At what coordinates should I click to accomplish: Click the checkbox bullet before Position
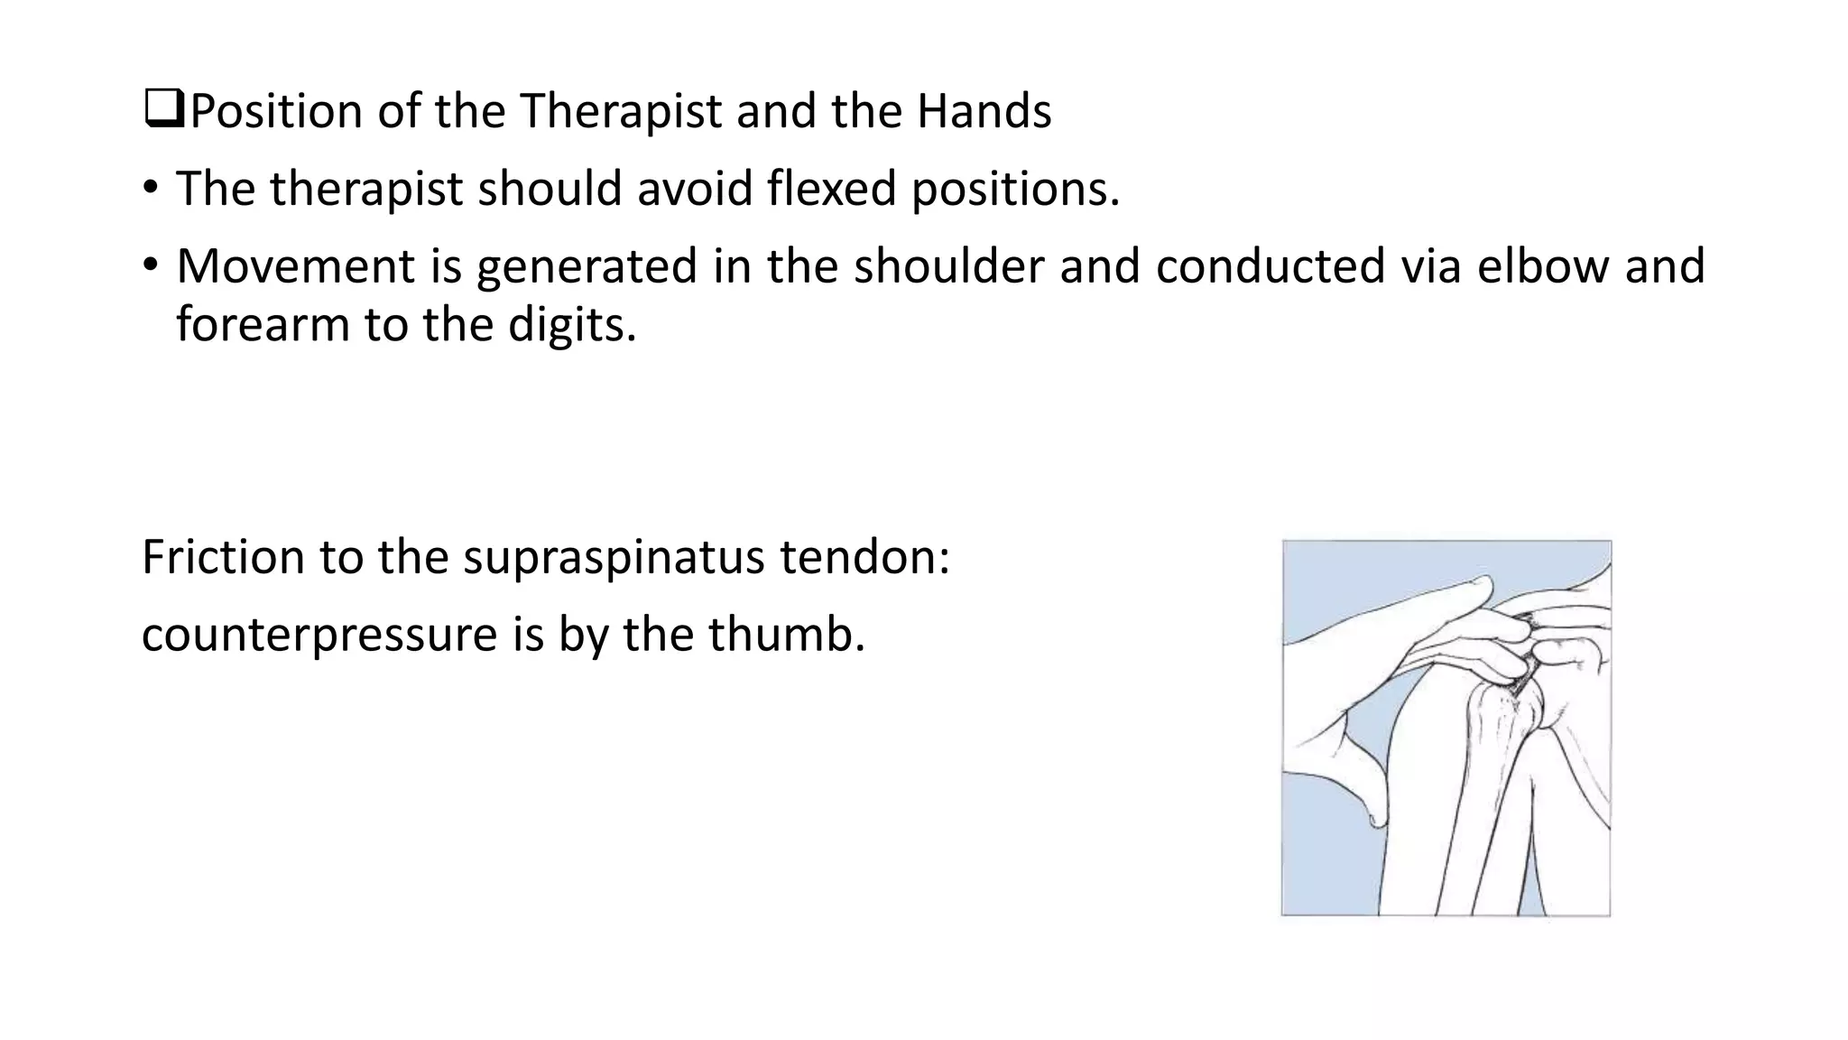(163, 110)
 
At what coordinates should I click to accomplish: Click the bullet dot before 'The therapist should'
(150, 189)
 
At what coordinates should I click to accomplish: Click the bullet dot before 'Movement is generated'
(150, 266)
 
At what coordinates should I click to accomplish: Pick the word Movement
(294, 266)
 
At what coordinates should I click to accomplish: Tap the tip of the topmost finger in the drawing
(1484, 580)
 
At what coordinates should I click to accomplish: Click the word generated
(587, 268)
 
